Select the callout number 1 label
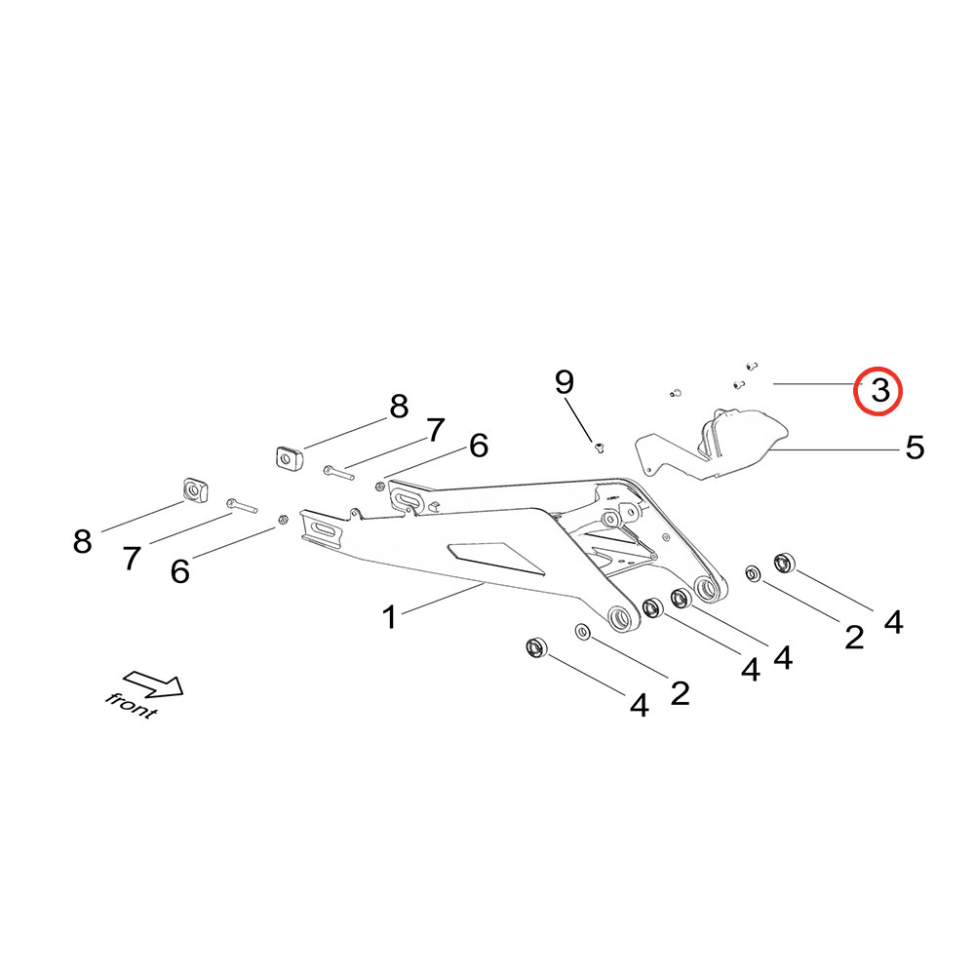click(x=389, y=617)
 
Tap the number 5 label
click(x=915, y=448)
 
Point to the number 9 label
click(x=565, y=382)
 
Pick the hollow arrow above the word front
click(x=154, y=682)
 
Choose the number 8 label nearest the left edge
click(x=83, y=541)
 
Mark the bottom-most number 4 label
click(x=639, y=705)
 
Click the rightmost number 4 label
click(x=893, y=621)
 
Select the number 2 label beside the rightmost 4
click(x=854, y=638)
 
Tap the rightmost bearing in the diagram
click(x=785, y=563)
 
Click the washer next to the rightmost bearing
click(x=753, y=573)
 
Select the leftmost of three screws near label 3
click(x=675, y=394)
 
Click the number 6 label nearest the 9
click(x=478, y=446)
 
